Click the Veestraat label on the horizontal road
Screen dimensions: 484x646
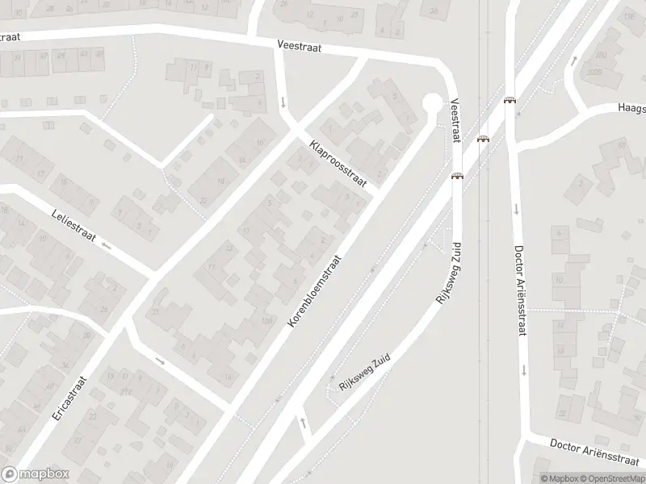pos(299,48)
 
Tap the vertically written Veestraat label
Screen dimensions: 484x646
pos(455,121)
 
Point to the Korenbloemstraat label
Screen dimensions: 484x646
pos(315,291)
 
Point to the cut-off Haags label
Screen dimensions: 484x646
pos(631,106)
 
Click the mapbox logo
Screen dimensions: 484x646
pos(36,474)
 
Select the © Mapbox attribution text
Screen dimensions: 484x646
pos(559,478)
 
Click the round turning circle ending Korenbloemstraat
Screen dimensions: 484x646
pos(433,103)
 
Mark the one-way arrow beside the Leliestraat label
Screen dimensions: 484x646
pos(106,241)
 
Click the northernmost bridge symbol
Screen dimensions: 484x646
pos(510,101)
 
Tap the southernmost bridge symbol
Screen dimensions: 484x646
pos(457,177)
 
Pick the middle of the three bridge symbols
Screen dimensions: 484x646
pos(483,139)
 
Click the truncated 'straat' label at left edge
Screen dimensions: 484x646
pos(9,36)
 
